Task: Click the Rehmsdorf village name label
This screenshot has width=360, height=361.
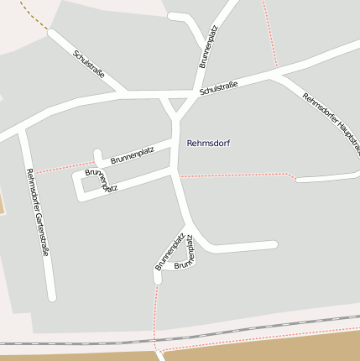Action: pyautogui.click(x=208, y=144)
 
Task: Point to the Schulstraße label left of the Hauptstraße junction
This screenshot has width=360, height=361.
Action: pyautogui.click(x=219, y=86)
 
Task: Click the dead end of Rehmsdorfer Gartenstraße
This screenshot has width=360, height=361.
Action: pyautogui.click(x=52, y=296)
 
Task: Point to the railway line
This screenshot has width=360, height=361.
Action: pyautogui.click(x=84, y=343)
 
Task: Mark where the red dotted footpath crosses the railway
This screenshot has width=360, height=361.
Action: pyautogui.click(x=156, y=340)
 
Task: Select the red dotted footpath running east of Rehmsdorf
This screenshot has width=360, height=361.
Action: pyautogui.click(x=235, y=175)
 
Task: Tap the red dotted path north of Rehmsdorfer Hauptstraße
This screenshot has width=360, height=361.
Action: pyautogui.click(x=270, y=34)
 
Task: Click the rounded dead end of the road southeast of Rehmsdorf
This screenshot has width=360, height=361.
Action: pyautogui.click(x=273, y=245)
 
